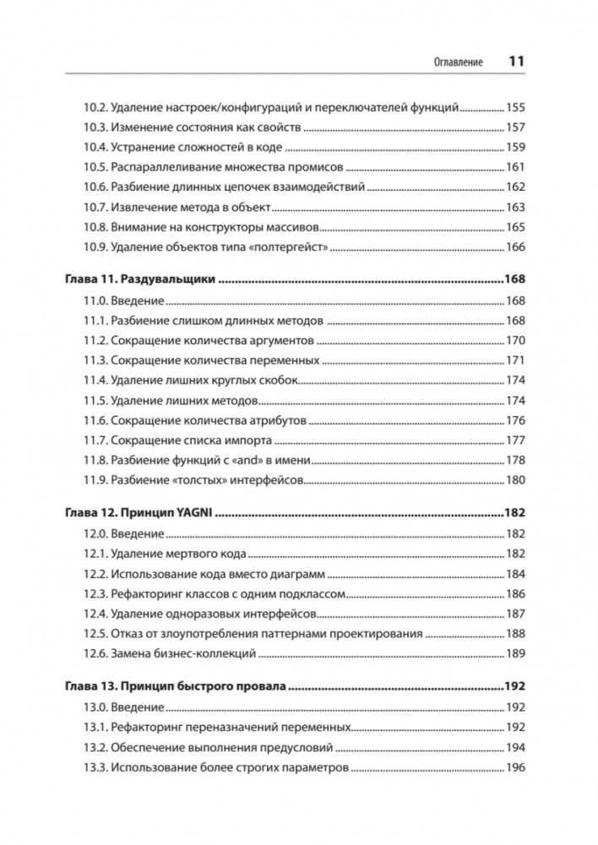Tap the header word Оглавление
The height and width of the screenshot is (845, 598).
(457, 62)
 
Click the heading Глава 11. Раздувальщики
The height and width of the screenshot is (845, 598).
(140, 279)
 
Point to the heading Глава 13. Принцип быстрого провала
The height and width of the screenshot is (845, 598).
(177, 686)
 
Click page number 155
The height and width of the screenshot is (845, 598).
(515, 108)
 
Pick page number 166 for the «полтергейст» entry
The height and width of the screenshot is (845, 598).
(515, 247)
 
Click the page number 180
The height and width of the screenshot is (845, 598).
(515, 480)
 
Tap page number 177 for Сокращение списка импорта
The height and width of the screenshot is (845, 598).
(515, 441)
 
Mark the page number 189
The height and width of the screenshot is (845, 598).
(515, 653)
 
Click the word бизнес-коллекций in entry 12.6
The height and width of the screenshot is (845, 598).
(203, 653)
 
